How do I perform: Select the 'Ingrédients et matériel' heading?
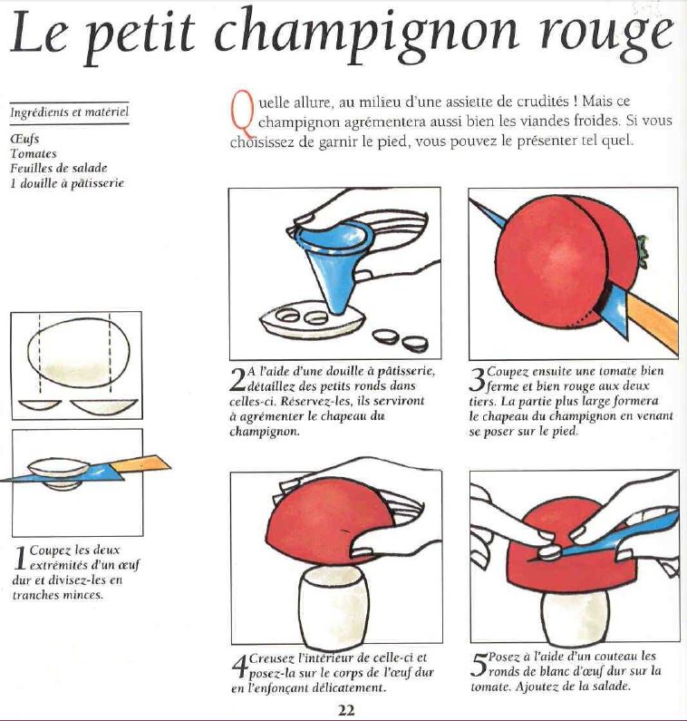(69, 113)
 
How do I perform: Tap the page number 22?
(345, 710)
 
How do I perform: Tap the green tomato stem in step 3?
(642, 245)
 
